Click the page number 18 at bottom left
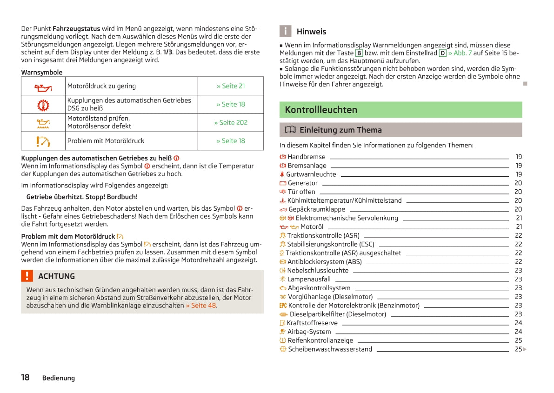[x=25, y=377]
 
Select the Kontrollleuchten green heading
[x=321, y=110]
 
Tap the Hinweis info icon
[x=285, y=31]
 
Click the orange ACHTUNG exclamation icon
[x=27, y=276]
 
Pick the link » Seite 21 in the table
[x=230, y=86]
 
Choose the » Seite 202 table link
[x=230, y=122]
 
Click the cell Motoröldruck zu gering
[x=101, y=86]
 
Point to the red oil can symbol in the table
[x=43, y=87]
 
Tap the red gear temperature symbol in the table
[x=43, y=105]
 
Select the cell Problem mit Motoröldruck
[x=106, y=140]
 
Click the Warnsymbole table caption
[x=41, y=73]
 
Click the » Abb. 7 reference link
[x=460, y=53]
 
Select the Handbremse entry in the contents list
[x=306, y=157]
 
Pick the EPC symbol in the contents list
[x=283, y=306]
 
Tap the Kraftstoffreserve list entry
[x=312, y=323]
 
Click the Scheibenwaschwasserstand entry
[x=330, y=349]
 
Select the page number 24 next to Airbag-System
[x=518, y=332]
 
